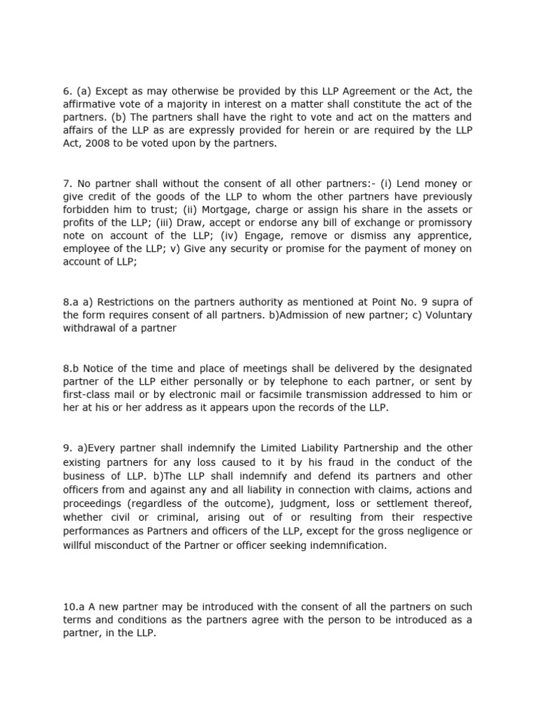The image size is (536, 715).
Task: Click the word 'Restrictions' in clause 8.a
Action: (x=128, y=302)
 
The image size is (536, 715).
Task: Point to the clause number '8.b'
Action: (x=71, y=368)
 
